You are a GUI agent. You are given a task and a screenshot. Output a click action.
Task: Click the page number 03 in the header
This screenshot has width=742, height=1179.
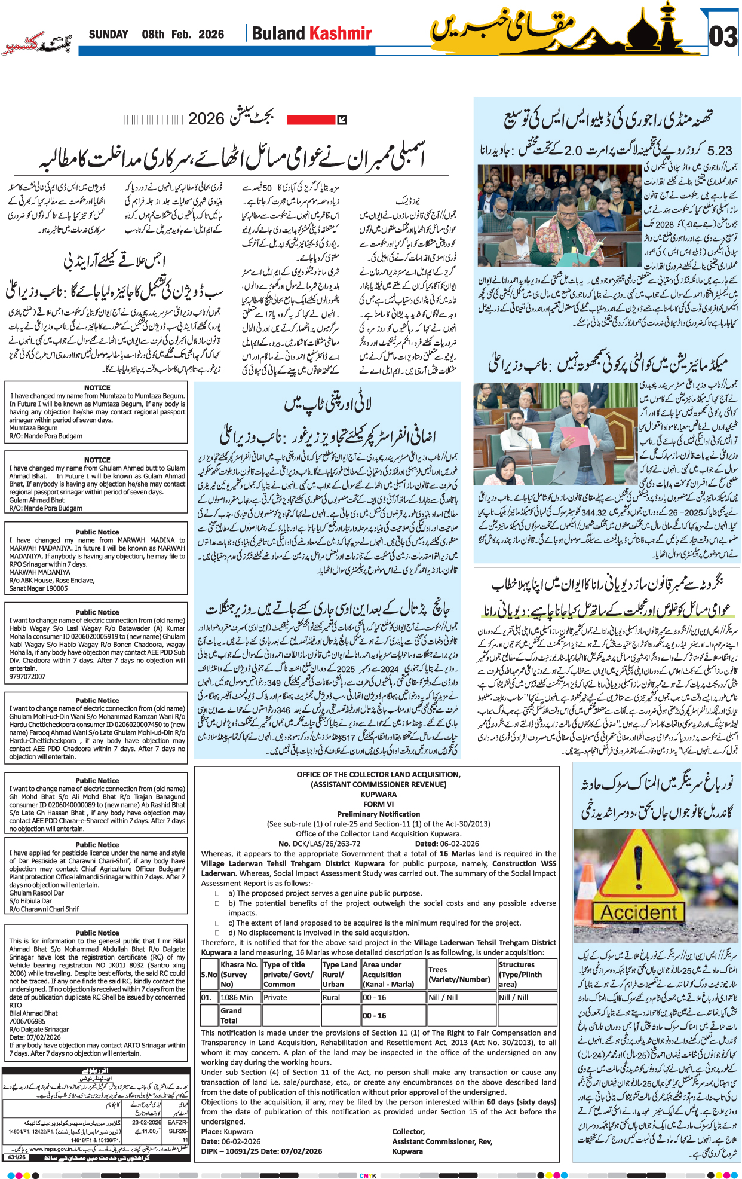[x=723, y=37]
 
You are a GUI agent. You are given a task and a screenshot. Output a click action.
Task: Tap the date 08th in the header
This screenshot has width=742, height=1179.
[x=153, y=35]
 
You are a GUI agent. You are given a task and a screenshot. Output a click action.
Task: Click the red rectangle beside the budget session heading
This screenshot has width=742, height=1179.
[x=311, y=120]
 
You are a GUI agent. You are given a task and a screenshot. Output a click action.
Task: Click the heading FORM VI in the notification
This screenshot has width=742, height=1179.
[x=378, y=804]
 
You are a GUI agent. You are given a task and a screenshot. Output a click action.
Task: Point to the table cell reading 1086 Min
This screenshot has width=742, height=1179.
[x=237, y=997]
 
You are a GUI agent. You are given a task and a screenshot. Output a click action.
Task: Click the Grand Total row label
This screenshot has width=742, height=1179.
[x=231, y=1015]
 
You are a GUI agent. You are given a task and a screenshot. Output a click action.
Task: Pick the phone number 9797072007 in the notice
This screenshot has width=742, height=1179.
[x=27, y=677]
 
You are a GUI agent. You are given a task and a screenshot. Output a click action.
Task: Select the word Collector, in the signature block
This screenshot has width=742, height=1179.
[x=408, y=1131]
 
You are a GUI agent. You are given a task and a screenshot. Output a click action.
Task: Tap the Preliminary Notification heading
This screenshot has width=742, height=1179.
[x=378, y=814]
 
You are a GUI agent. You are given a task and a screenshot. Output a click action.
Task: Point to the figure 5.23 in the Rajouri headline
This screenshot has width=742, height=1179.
[x=719, y=151]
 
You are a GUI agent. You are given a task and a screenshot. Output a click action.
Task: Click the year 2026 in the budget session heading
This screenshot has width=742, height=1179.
[x=206, y=119]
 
